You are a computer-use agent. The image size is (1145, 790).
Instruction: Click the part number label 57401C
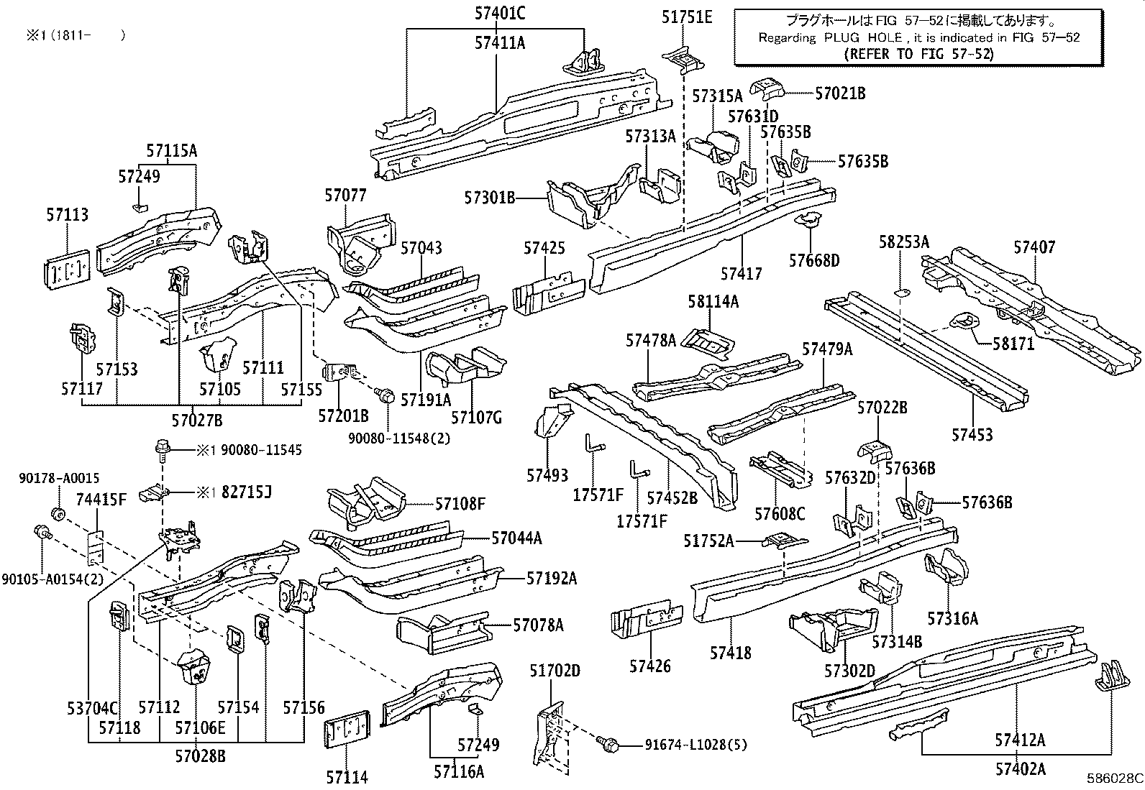pos(499,13)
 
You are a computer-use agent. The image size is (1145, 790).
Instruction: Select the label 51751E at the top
pos(687,17)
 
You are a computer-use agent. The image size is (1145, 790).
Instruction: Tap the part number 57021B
pos(840,93)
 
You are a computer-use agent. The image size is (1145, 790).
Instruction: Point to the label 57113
pos(68,214)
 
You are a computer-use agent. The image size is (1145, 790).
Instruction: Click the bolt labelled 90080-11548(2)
pos(386,395)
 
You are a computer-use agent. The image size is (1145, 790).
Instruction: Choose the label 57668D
pos(814,260)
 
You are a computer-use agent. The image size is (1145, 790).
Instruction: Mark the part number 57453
pos(972,434)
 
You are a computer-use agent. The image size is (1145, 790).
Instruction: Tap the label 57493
pos(547,475)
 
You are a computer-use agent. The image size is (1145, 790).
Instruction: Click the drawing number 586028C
pos(1114,778)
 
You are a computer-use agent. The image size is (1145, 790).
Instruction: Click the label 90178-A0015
pos(59,478)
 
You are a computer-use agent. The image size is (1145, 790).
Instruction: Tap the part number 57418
pos(730,653)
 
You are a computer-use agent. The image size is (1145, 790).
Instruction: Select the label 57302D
pos(849,671)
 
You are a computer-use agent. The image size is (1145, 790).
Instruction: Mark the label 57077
pos(345,195)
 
